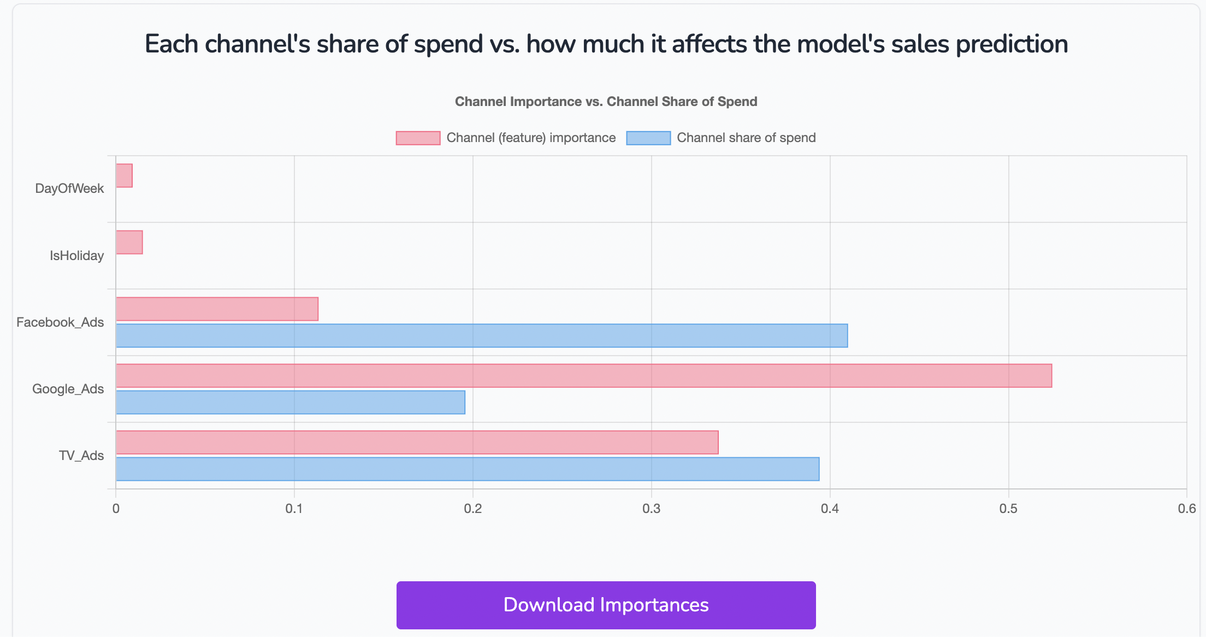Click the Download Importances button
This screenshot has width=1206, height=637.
click(x=606, y=605)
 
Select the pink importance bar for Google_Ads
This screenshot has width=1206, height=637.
click(x=583, y=376)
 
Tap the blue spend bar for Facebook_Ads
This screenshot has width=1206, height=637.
click(x=481, y=335)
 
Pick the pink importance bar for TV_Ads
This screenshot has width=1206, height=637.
click(x=417, y=443)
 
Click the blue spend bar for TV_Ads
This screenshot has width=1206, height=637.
click(x=467, y=469)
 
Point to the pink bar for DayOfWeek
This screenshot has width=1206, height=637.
click(x=124, y=175)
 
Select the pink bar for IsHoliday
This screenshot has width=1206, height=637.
click(x=129, y=242)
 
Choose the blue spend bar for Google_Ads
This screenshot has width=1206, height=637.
click(x=290, y=402)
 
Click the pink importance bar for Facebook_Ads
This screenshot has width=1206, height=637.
click(x=217, y=309)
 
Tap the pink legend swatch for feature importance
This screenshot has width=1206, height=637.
click(x=418, y=138)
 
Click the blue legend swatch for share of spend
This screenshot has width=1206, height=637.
click(x=648, y=138)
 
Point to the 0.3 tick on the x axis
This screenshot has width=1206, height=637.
click(x=651, y=509)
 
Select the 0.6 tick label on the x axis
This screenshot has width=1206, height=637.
click(x=1186, y=509)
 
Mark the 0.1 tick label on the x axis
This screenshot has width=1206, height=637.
click(x=294, y=509)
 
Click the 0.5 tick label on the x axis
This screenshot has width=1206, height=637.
click(x=1008, y=509)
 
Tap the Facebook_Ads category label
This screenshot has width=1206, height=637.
click(x=60, y=322)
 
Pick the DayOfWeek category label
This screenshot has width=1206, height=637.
click(x=69, y=188)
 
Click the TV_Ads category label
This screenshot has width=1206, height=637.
click(x=81, y=456)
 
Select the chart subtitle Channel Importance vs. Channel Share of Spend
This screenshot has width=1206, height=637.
click(x=606, y=102)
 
